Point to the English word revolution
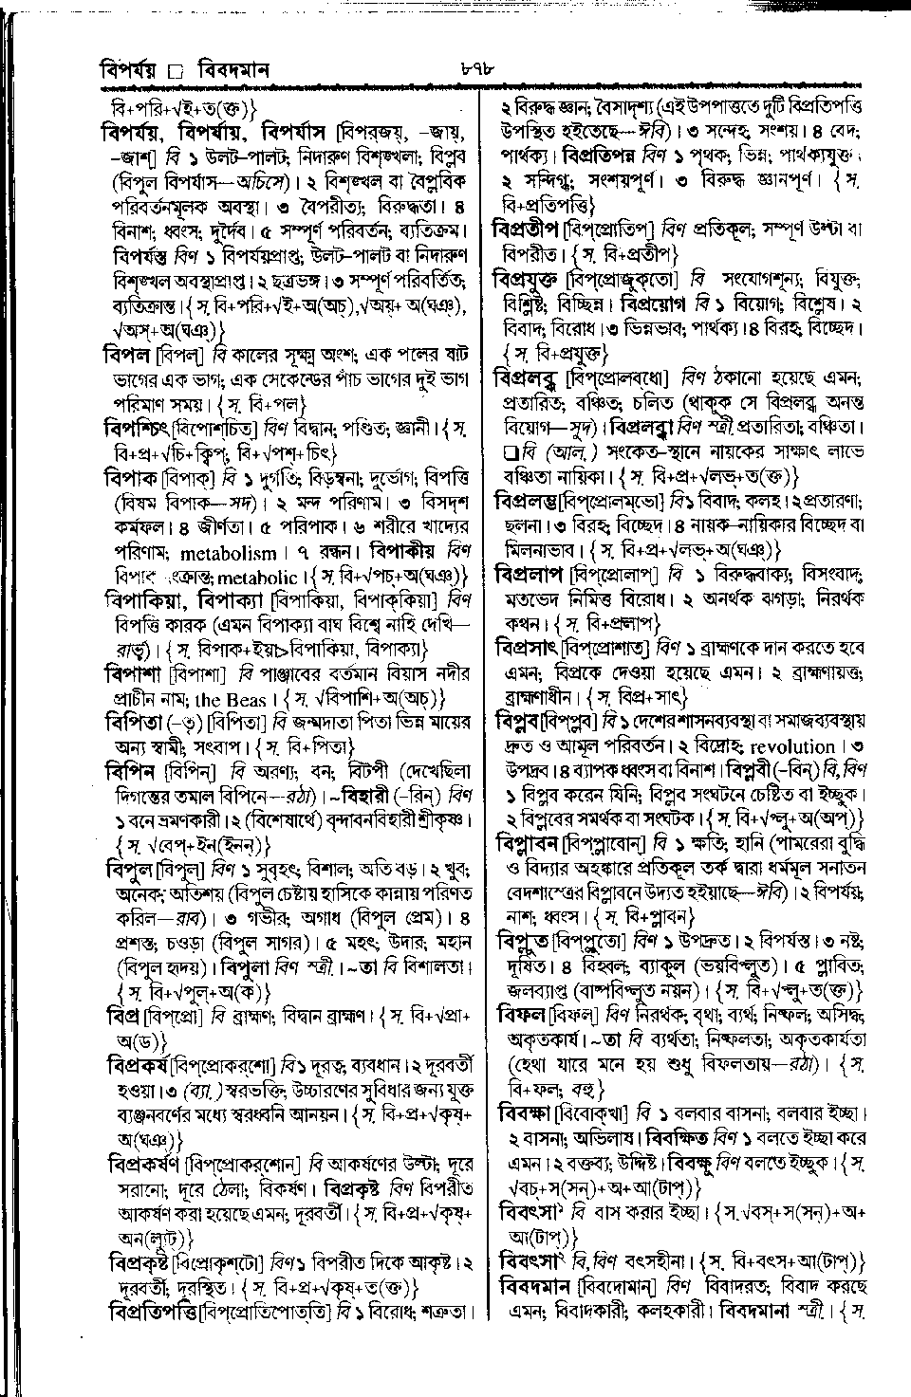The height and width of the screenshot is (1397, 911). coord(788,747)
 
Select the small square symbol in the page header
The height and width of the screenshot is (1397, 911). coord(173,70)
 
